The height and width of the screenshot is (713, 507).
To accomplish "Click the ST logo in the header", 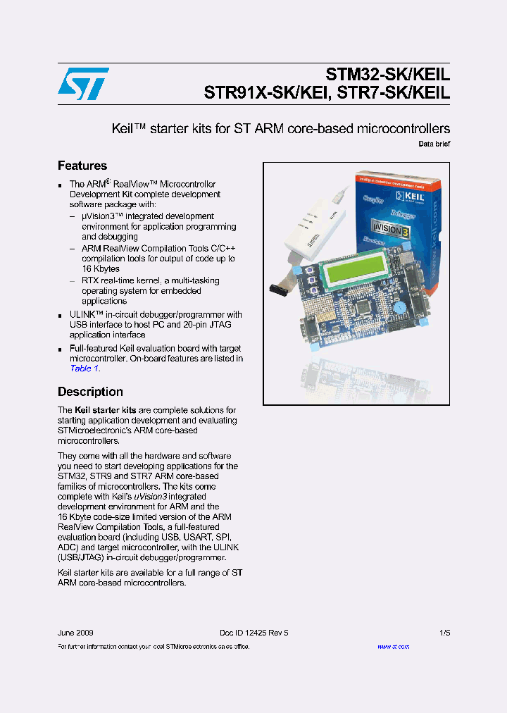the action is (x=83, y=84).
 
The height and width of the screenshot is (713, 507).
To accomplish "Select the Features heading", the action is (x=82, y=166).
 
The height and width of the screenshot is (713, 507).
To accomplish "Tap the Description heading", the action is (x=90, y=392).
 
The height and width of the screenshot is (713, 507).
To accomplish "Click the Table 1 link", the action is (x=84, y=368).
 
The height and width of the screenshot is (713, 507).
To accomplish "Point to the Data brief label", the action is (x=434, y=144).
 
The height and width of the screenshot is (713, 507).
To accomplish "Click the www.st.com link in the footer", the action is (x=393, y=646).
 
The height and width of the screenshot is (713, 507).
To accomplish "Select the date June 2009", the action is (x=75, y=633).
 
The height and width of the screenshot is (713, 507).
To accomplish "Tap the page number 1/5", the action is (x=444, y=633).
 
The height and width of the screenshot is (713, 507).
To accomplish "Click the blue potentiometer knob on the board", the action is (x=399, y=307).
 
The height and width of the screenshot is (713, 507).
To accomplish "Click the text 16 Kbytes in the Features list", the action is (x=101, y=269).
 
